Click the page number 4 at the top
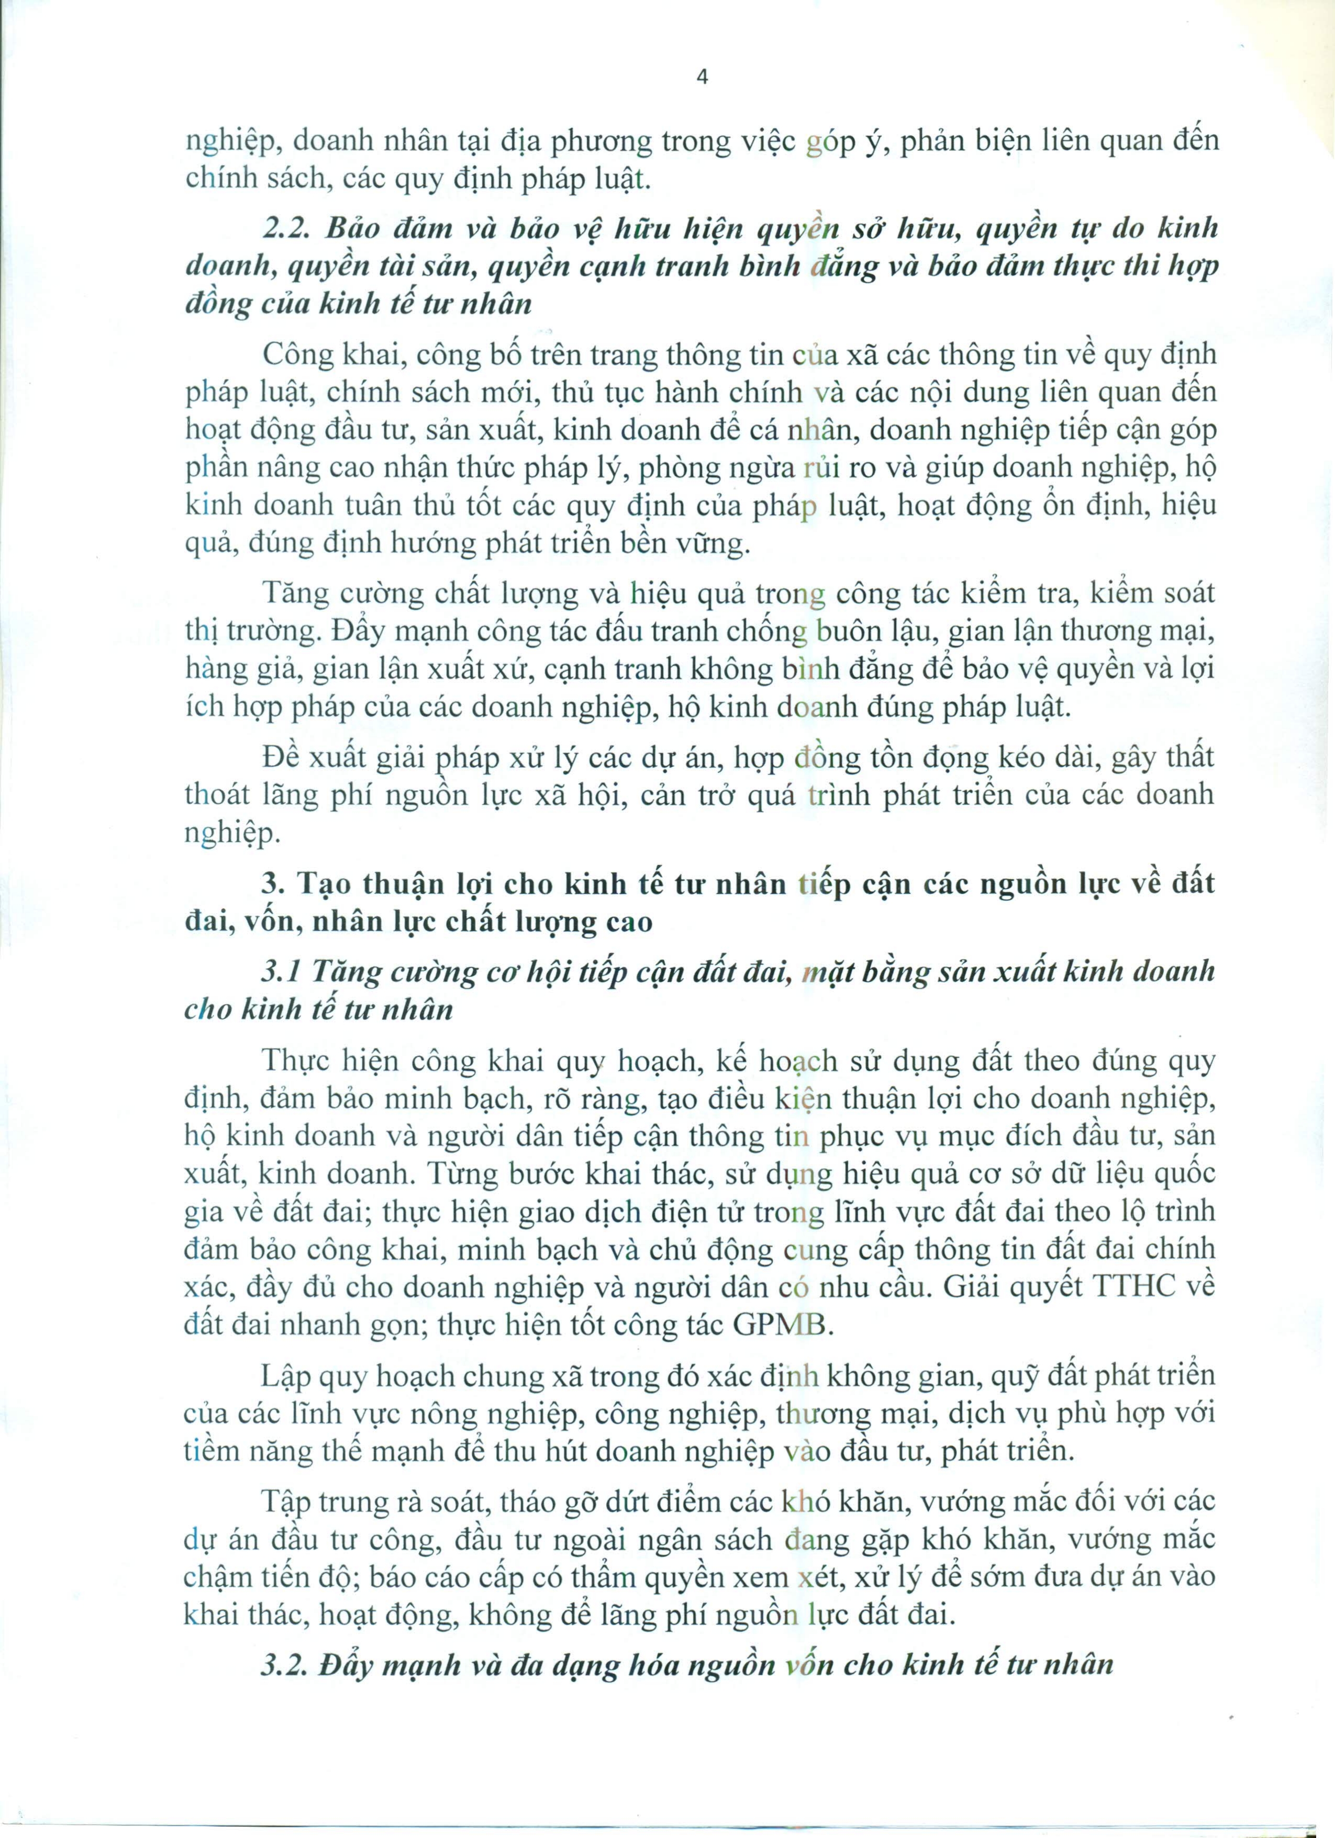pyautogui.click(x=702, y=78)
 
